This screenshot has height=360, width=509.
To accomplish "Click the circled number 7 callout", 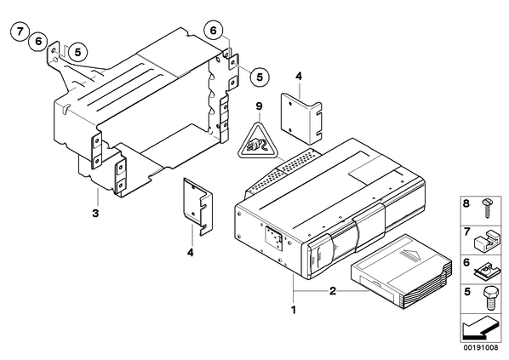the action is click(x=20, y=31).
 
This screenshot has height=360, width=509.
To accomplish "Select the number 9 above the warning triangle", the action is click(x=259, y=106).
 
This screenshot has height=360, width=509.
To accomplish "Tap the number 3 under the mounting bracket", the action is click(x=95, y=214).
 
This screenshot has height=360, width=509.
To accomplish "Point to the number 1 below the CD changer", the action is click(x=294, y=310).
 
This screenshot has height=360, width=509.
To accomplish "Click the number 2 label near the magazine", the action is click(x=333, y=291).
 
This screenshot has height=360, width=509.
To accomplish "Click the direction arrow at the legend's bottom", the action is click(x=479, y=328).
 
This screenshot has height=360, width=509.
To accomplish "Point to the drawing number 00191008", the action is click(x=480, y=347).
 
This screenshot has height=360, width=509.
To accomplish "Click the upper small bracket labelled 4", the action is click(x=301, y=118).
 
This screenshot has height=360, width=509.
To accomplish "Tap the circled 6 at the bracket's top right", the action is click(x=213, y=31).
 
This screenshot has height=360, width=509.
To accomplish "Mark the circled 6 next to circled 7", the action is click(x=38, y=42).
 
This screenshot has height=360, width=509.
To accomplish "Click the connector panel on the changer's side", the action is click(x=273, y=239).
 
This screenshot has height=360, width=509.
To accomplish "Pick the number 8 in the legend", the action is click(x=466, y=204).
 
